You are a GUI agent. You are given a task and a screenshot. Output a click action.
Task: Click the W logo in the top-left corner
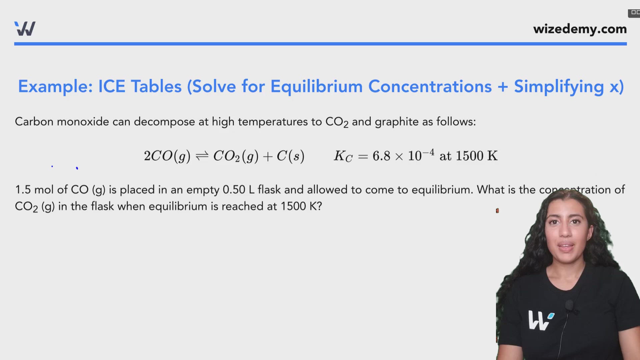tap(25, 29)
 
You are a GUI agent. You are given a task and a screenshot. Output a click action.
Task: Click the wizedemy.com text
tap(580, 29)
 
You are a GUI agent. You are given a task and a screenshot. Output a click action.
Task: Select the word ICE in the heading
tap(112, 87)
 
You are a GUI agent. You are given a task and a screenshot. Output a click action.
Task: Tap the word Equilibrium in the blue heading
tap(316, 87)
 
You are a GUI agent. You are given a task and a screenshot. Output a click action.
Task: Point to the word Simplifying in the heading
tap(559, 87)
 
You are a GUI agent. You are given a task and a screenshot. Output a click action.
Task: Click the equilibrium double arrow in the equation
tap(202, 156)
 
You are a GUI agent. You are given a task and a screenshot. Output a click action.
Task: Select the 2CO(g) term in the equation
tap(167, 156)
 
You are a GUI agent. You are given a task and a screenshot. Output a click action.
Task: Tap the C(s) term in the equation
tap(290, 156)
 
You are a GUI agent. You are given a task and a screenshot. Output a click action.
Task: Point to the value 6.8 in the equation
tap(381, 156)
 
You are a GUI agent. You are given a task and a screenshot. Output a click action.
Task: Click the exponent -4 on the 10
tap(429, 153)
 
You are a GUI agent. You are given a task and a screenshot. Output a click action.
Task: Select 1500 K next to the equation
tap(477, 156)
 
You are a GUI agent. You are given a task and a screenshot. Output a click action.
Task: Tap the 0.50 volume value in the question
tap(234, 190)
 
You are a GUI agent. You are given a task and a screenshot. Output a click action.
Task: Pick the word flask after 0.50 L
tap(269, 190)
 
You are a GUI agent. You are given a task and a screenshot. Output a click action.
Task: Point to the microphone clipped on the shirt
tap(569, 305)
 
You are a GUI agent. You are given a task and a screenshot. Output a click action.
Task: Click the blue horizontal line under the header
tap(320, 44)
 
